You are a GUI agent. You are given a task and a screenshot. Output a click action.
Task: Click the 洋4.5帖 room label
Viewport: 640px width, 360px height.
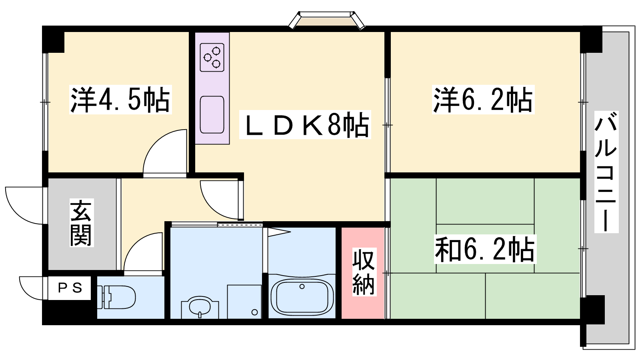click(120, 100)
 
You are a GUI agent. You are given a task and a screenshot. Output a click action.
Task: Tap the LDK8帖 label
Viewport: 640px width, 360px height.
click(305, 124)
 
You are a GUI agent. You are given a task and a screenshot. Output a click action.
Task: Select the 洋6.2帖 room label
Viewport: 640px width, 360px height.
click(483, 100)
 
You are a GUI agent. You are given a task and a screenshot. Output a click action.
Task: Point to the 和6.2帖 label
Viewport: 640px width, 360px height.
click(485, 249)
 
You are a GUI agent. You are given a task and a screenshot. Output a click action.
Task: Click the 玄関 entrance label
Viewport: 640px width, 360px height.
click(81, 223)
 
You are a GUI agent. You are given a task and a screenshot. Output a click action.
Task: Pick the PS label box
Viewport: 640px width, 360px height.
click(70, 288)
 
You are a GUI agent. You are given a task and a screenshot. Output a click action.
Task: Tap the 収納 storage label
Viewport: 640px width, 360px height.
click(364, 272)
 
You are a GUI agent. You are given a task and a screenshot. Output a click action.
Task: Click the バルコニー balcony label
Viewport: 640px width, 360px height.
click(606, 172)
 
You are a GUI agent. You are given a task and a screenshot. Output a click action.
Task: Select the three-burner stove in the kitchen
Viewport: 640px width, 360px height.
click(212, 58)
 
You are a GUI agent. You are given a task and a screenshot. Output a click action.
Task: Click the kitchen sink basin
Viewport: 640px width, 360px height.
click(212, 115)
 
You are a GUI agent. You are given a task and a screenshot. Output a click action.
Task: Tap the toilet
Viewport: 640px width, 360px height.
click(116, 297)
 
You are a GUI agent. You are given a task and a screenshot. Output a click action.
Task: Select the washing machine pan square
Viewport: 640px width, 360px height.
click(244, 302)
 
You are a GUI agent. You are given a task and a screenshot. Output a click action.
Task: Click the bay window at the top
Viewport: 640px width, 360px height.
click(326, 20)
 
